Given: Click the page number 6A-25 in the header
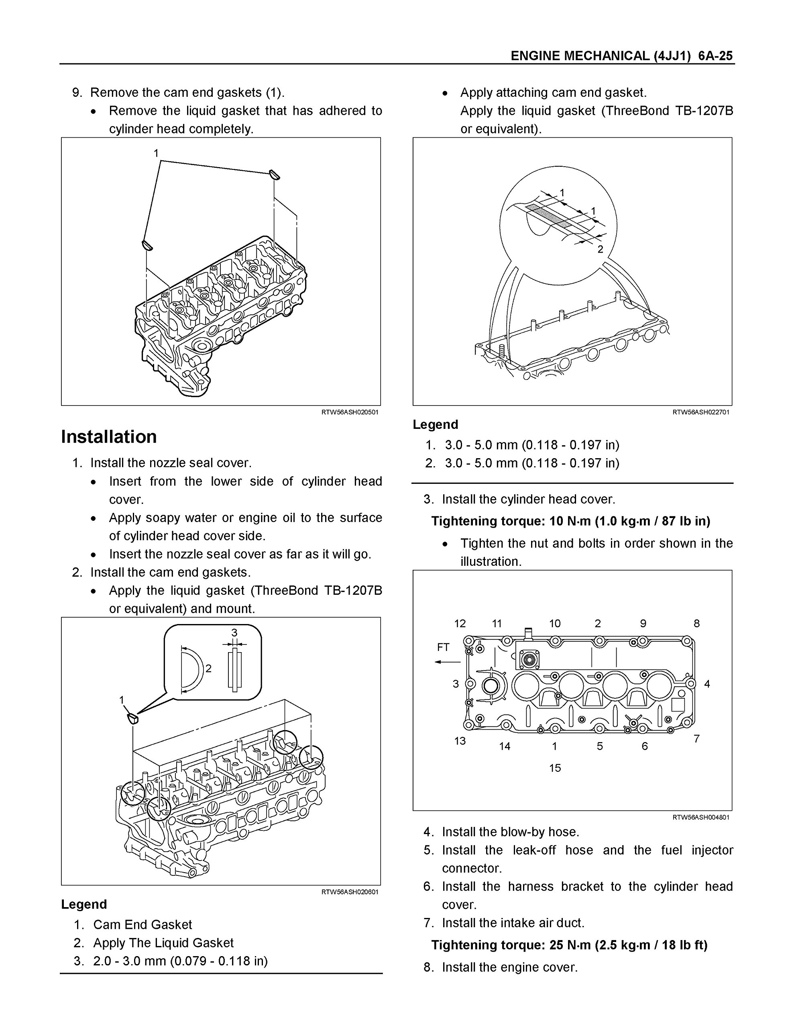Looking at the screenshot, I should pyautogui.click(x=715, y=56).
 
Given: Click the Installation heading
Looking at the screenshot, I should pyautogui.click(x=109, y=436).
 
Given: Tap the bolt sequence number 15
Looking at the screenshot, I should pyautogui.click(x=555, y=768).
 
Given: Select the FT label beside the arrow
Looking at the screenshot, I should pyautogui.click(x=443, y=647).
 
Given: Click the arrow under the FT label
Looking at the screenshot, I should pyautogui.click(x=447, y=662).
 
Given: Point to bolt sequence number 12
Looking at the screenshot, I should pyautogui.click(x=460, y=623).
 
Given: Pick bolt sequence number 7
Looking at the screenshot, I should pyautogui.click(x=696, y=738).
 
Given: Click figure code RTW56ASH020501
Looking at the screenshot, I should pyautogui.click(x=350, y=412).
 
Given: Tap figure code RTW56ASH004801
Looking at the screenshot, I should pyautogui.click(x=701, y=817).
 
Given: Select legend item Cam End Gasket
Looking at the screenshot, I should pyautogui.click(x=142, y=924).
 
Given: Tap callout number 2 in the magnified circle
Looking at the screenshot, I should pyautogui.click(x=600, y=249).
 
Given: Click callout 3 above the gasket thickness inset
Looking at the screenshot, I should pyautogui.click(x=234, y=632).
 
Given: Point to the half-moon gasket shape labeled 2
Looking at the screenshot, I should pyautogui.click(x=191, y=669).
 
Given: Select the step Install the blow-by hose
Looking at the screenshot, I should pyautogui.click(x=510, y=832).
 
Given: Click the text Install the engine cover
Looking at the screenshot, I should pyautogui.click(x=509, y=967).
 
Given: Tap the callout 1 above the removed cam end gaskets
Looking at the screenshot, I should pyautogui.click(x=156, y=153).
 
